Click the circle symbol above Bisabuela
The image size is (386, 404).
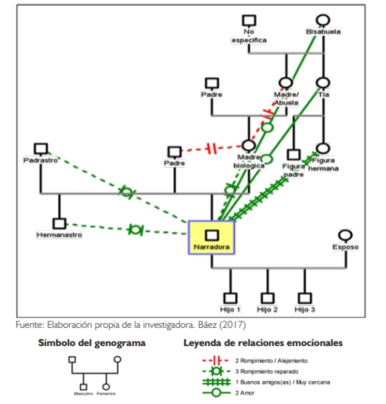click(x=324, y=20)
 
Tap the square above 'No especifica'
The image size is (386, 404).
click(x=249, y=20)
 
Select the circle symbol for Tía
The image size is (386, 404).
click(x=324, y=83)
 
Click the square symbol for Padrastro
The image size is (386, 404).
click(x=40, y=149)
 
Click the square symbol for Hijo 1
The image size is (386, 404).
click(x=230, y=298)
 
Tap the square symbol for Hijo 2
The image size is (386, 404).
click(x=268, y=298)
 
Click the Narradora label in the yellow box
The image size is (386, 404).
click(x=212, y=247)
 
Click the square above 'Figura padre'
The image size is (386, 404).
click(x=294, y=155)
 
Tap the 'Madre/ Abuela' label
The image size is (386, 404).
click(x=286, y=99)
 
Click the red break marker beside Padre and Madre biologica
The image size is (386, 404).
click(x=212, y=149)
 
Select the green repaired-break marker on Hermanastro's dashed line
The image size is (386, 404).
click(x=135, y=230)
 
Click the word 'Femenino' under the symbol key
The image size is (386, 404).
click(x=106, y=393)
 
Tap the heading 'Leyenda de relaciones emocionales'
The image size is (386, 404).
click(x=263, y=343)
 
